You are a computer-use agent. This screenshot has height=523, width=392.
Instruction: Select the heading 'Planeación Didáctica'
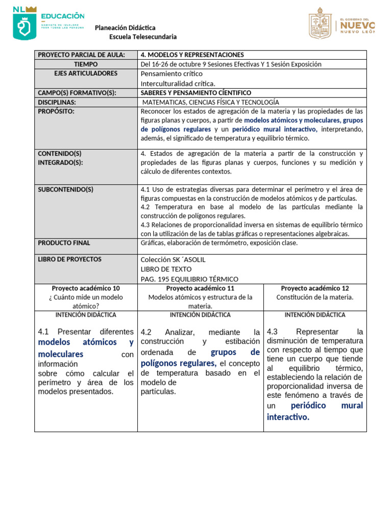pyautogui.click(x=125, y=28)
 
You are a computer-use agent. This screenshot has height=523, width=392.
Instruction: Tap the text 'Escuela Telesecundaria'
pyautogui.click(x=143, y=37)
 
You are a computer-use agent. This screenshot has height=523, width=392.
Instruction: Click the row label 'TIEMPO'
pyautogui.click(x=85, y=64)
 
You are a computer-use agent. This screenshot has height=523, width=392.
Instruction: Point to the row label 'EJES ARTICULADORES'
pyautogui.click(x=85, y=74)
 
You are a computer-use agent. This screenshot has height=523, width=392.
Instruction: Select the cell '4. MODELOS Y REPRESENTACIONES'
pyautogui.click(x=192, y=55)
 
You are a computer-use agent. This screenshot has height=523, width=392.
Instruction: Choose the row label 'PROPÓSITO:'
pyautogui.click(x=56, y=111)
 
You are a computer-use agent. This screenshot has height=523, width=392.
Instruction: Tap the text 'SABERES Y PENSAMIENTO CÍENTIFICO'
pyautogui.click(x=195, y=93)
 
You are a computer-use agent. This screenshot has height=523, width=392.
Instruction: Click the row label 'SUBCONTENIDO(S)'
pyautogui.click(x=66, y=189)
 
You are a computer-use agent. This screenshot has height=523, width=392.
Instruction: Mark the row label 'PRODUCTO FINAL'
pyautogui.click(x=64, y=243)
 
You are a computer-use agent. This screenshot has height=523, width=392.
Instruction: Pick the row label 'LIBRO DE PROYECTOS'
pyautogui.click(x=70, y=259)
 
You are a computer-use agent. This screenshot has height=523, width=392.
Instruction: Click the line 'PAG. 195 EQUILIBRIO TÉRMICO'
pyautogui.click(x=189, y=279)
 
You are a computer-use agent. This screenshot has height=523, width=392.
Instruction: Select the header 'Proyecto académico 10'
pyautogui.click(x=86, y=289)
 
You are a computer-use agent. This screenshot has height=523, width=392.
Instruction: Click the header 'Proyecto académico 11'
pyautogui.click(x=200, y=289)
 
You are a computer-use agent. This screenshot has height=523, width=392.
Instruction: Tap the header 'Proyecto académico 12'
pyautogui.click(x=315, y=289)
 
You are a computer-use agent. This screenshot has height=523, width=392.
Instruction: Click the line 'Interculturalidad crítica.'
pyautogui.click(x=178, y=83)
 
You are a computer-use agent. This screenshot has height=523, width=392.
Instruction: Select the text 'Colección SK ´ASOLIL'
pyautogui.click(x=173, y=259)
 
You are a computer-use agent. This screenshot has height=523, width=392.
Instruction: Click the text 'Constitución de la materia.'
pyautogui.click(x=315, y=297)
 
